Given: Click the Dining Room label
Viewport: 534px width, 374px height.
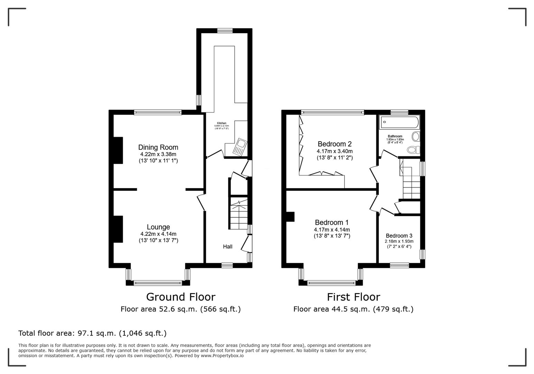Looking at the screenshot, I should click(x=158, y=147).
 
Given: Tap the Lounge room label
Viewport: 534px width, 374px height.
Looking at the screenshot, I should click(x=158, y=227).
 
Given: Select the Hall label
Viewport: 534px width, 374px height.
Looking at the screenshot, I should click(x=228, y=247).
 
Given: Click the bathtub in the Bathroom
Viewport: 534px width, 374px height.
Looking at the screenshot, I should click(x=399, y=122).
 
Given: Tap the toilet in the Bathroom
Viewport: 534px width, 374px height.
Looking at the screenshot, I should click(x=413, y=150).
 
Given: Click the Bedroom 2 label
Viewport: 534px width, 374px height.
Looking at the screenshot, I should click(x=334, y=144).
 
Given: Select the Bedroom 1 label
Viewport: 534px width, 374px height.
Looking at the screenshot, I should click(x=332, y=222).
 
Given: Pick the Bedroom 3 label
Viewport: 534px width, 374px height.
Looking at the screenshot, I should click(x=399, y=236).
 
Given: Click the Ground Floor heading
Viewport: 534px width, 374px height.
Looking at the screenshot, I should click(x=181, y=297).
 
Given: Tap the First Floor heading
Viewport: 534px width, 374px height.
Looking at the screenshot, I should click(x=353, y=297).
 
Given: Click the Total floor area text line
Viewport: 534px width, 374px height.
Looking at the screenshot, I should click(x=92, y=333).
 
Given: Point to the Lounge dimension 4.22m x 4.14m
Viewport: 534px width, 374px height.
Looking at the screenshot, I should click(x=158, y=234).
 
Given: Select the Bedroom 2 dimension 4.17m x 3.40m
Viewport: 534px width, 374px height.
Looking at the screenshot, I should click(x=334, y=151).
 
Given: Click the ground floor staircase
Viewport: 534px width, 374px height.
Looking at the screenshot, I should click(x=239, y=215).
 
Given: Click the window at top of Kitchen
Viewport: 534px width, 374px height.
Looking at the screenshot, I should click(x=225, y=30).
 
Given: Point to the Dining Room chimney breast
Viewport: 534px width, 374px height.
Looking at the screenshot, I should click(x=118, y=150).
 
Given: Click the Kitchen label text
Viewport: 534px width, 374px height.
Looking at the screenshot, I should click(x=222, y=123).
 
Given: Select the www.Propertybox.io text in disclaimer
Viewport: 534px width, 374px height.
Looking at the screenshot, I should click(x=222, y=356).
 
